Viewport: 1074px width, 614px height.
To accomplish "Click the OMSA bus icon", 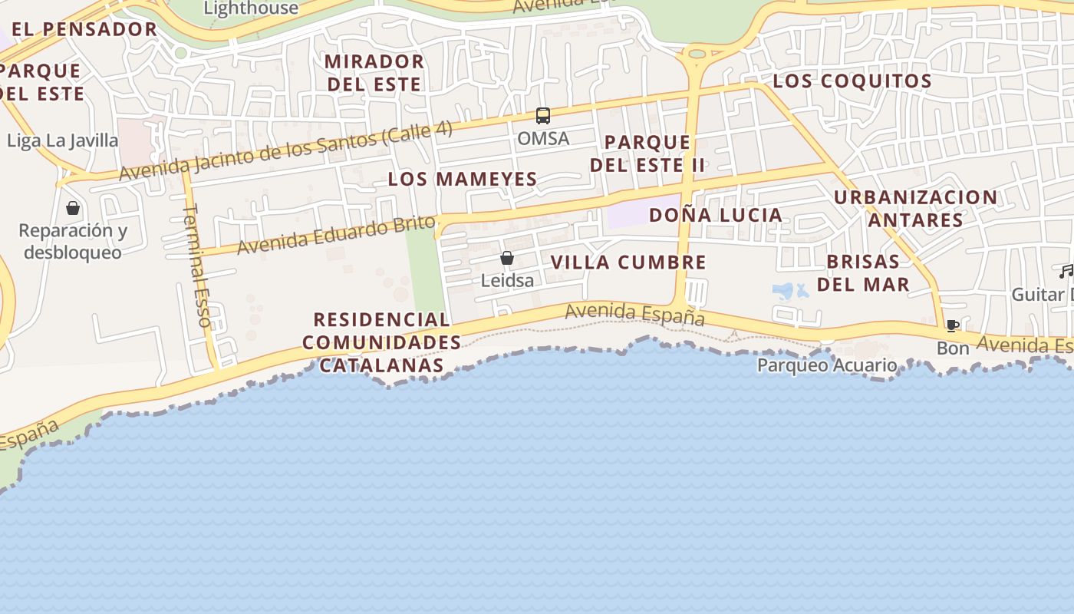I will click(x=543, y=116).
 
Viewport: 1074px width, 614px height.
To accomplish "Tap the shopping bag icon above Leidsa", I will click(x=507, y=259).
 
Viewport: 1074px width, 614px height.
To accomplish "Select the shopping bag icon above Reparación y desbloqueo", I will click(x=73, y=208).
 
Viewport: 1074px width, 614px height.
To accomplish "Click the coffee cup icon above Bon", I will click(x=953, y=326).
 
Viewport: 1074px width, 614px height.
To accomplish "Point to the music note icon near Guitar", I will click(x=1066, y=271).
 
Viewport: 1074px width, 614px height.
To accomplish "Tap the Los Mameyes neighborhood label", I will click(x=462, y=180).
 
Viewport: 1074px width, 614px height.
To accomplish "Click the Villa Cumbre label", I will click(x=628, y=262).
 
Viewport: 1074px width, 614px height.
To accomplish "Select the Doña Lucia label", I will click(x=716, y=215).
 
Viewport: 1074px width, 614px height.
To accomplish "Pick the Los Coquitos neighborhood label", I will click(x=852, y=81).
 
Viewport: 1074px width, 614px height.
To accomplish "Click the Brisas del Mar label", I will click(x=863, y=272).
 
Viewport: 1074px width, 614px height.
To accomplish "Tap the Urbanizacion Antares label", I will click(x=915, y=209).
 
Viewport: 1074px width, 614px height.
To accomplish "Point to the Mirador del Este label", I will click(x=374, y=73).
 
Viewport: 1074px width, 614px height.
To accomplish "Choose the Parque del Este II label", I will click(x=647, y=153).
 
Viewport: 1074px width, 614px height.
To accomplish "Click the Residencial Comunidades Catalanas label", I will click(x=381, y=342).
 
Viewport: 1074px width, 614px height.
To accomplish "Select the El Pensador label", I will click(x=84, y=30).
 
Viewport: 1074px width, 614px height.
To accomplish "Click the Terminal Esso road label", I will click(x=197, y=265).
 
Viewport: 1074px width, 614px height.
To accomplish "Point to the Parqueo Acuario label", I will click(x=827, y=365).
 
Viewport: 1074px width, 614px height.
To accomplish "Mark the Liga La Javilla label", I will click(x=63, y=141).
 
